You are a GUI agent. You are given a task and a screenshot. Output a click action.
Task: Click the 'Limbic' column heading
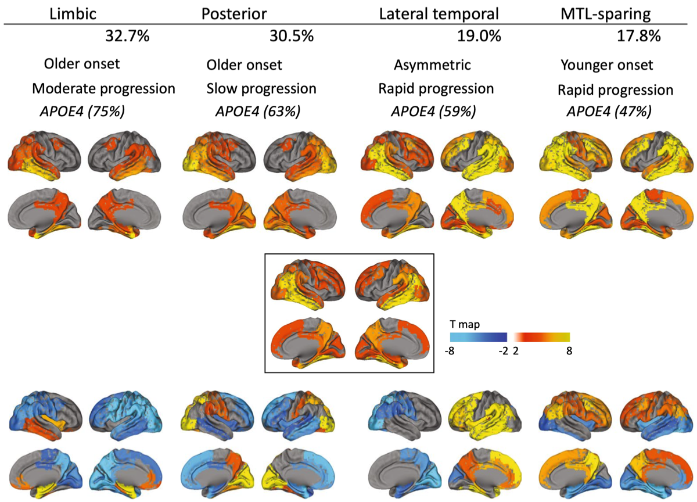pyautogui.click(x=73, y=14)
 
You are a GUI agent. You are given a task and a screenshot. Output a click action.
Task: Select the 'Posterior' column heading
pyautogui.click(x=234, y=14)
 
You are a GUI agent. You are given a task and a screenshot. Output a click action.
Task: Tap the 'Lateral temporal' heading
pyautogui.click(x=439, y=14)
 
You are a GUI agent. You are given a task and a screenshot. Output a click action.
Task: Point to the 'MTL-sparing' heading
pyautogui.click(x=605, y=15)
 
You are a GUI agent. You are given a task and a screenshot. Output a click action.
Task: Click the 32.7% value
pyautogui.click(x=127, y=36)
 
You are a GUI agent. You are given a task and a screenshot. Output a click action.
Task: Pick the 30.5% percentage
pyautogui.click(x=292, y=36)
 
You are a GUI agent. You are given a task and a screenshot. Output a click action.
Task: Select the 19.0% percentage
pyautogui.click(x=479, y=36)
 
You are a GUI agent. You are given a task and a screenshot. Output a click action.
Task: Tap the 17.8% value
pyautogui.click(x=639, y=36)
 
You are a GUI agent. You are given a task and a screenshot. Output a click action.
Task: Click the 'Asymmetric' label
pyautogui.click(x=432, y=65)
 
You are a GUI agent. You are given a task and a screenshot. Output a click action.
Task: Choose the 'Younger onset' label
pyautogui.click(x=607, y=65)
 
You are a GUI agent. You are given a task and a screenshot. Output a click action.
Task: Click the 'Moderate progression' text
pyautogui.click(x=103, y=89)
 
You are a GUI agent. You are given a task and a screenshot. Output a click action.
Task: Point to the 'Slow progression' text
pyautogui.click(x=261, y=89)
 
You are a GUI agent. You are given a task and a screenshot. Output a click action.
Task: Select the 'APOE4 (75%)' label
pyautogui.click(x=82, y=112)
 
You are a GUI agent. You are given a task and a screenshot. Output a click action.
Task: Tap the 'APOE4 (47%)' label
pyautogui.click(x=609, y=112)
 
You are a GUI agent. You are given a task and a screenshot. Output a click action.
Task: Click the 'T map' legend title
pyautogui.click(x=465, y=325)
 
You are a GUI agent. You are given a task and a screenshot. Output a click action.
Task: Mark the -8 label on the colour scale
pyautogui.click(x=450, y=351)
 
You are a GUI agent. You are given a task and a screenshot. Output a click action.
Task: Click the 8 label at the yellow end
pyautogui.click(x=569, y=351)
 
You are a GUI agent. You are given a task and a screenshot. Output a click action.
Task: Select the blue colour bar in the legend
pyautogui.click(x=479, y=338)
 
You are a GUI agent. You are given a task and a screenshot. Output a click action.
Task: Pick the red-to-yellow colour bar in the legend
pyautogui.click(x=542, y=338)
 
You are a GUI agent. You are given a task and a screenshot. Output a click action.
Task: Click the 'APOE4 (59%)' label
pyautogui.click(x=433, y=112)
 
